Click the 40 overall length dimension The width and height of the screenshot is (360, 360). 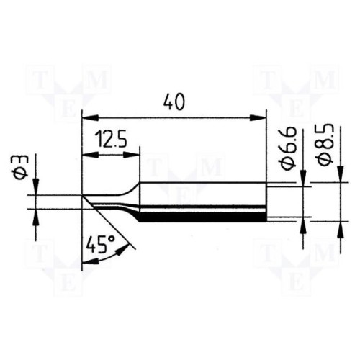174,102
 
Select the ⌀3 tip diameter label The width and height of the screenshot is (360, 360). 22,167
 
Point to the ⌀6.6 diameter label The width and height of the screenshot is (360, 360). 288,149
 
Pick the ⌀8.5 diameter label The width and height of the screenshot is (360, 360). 325,144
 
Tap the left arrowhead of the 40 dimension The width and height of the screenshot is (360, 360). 90,118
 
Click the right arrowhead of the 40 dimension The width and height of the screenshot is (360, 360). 258,118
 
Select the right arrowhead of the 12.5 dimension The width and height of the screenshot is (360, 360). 131,156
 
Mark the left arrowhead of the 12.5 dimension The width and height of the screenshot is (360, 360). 90,156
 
